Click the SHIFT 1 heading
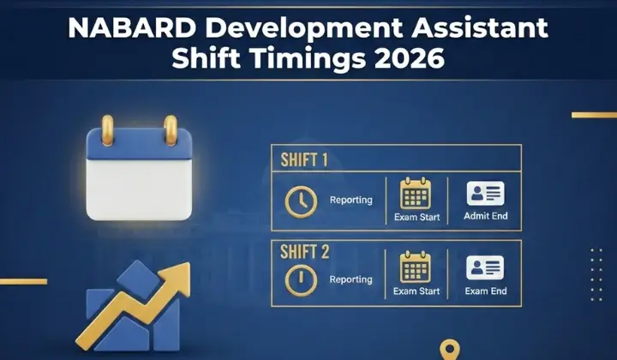(304, 160)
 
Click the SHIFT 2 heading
(304, 253)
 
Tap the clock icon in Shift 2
(301, 279)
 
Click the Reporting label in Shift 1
(351, 201)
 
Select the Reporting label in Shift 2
(351, 279)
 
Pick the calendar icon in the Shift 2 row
(416, 269)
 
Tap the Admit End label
(485, 216)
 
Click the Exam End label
(485, 291)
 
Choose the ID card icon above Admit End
(484, 193)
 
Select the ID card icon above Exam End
(484, 268)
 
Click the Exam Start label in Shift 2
(416, 291)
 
